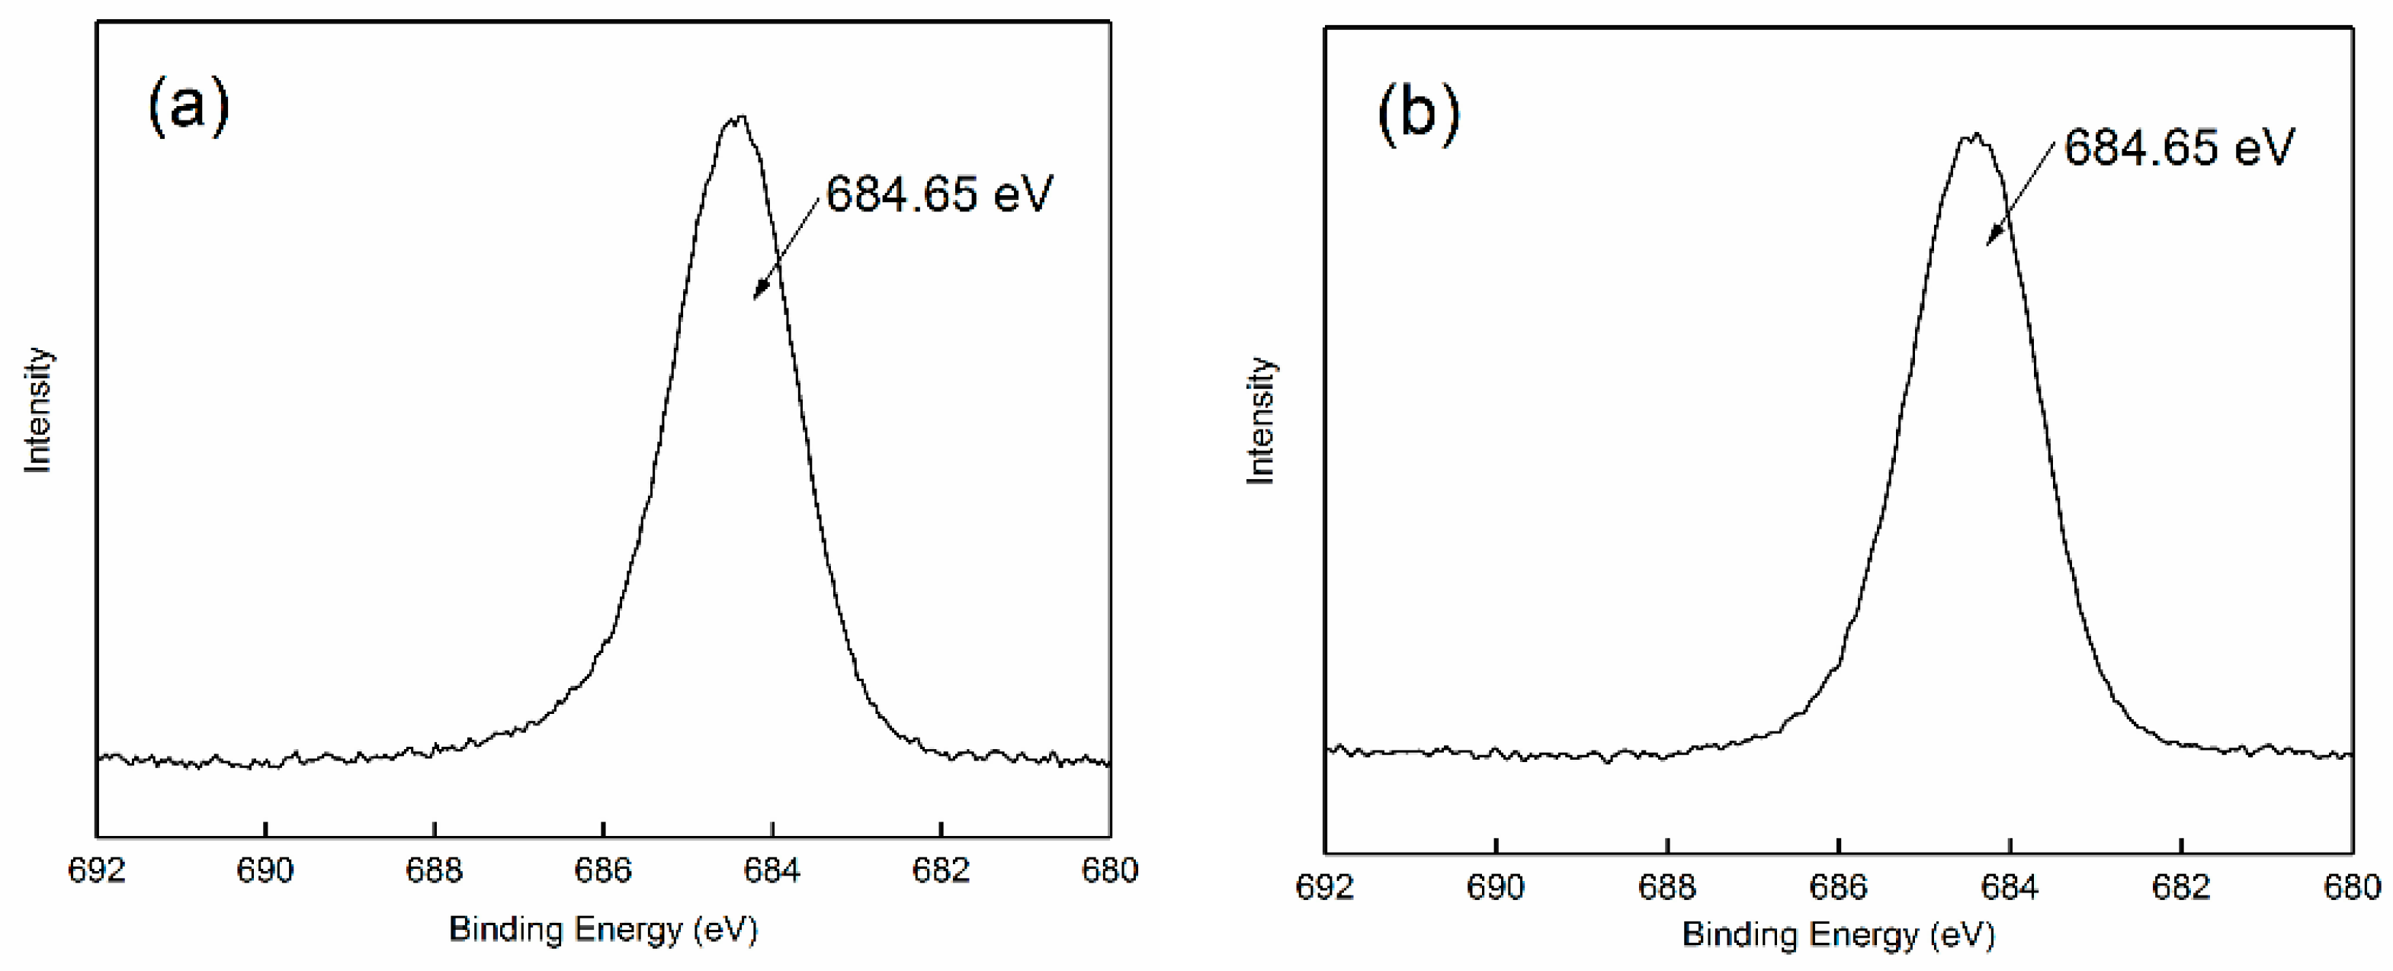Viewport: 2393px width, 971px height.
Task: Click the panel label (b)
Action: coord(1419,114)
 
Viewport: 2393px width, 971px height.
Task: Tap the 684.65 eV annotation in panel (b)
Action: coord(2179,146)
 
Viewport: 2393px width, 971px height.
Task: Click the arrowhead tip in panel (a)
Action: coord(754,298)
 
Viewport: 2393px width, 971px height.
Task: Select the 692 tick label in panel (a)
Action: coord(97,870)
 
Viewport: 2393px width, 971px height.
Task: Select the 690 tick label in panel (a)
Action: coord(266,870)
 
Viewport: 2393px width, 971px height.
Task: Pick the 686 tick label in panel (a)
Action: coord(603,870)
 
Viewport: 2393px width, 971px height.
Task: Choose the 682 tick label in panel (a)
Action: coord(941,870)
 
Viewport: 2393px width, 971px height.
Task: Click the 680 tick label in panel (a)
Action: coord(1109,870)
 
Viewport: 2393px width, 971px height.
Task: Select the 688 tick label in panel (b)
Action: coord(1667,887)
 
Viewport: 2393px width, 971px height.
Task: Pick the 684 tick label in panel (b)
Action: coord(2010,887)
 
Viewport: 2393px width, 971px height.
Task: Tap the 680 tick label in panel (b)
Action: coord(2352,887)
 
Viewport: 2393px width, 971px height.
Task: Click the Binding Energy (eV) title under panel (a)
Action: coord(604,929)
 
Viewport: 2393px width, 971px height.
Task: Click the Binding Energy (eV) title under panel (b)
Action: coord(1839,934)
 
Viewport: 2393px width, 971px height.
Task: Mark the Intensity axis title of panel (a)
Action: coord(38,410)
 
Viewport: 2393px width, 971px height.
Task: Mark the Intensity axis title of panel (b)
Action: coord(1261,421)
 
